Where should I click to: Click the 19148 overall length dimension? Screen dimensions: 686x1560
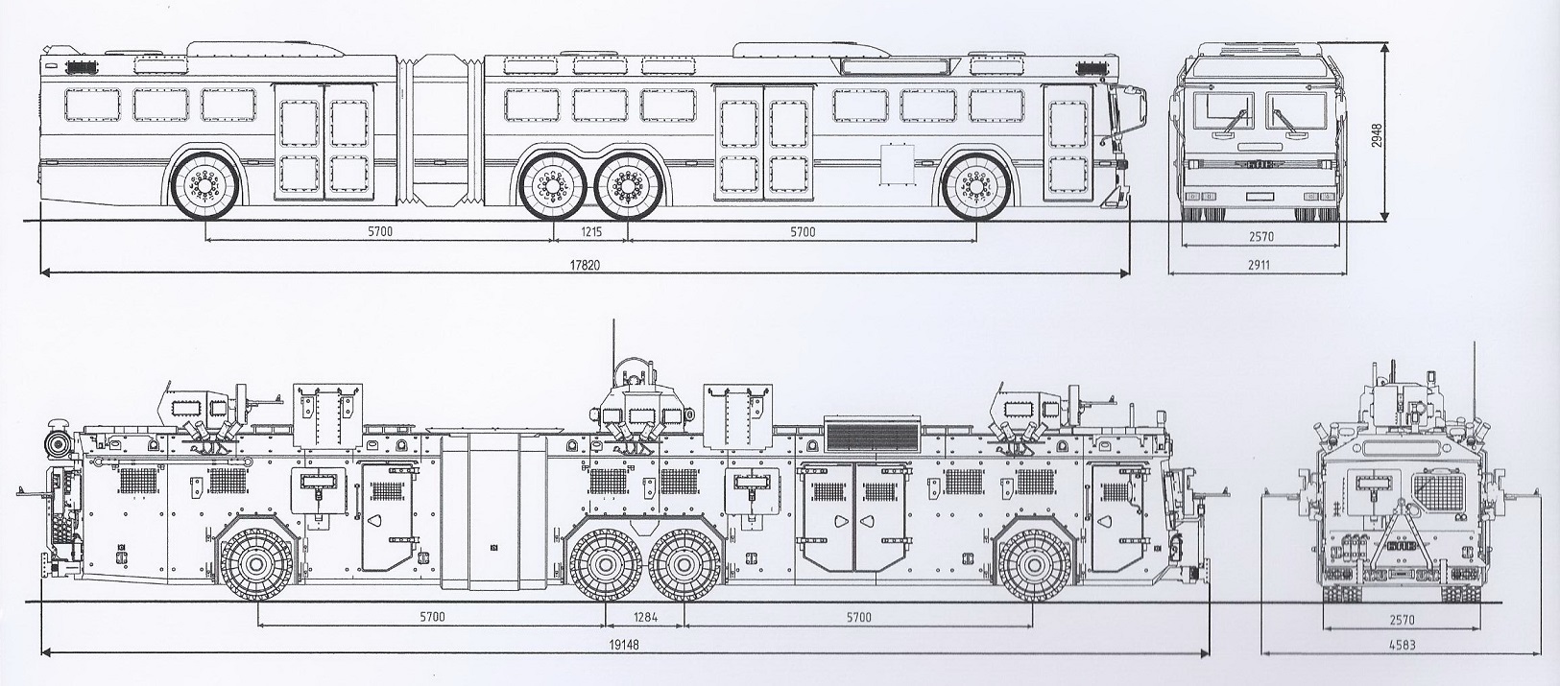coord(624,646)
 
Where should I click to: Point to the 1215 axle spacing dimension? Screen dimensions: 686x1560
coord(591,232)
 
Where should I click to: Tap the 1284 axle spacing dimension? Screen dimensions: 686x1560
coord(644,617)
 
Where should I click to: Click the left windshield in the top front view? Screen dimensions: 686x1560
coord(1223,113)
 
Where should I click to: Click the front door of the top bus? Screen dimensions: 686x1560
coord(1068,145)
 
